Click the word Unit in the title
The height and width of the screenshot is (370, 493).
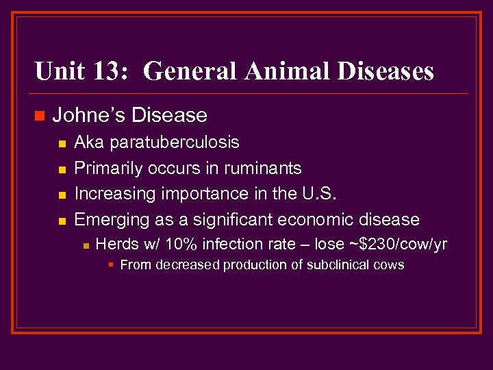(58, 71)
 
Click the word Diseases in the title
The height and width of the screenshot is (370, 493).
(388, 71)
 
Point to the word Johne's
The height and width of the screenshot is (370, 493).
(88, 115)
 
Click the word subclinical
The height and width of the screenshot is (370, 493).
(337, 264)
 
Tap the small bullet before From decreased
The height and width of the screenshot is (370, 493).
(112, 265)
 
